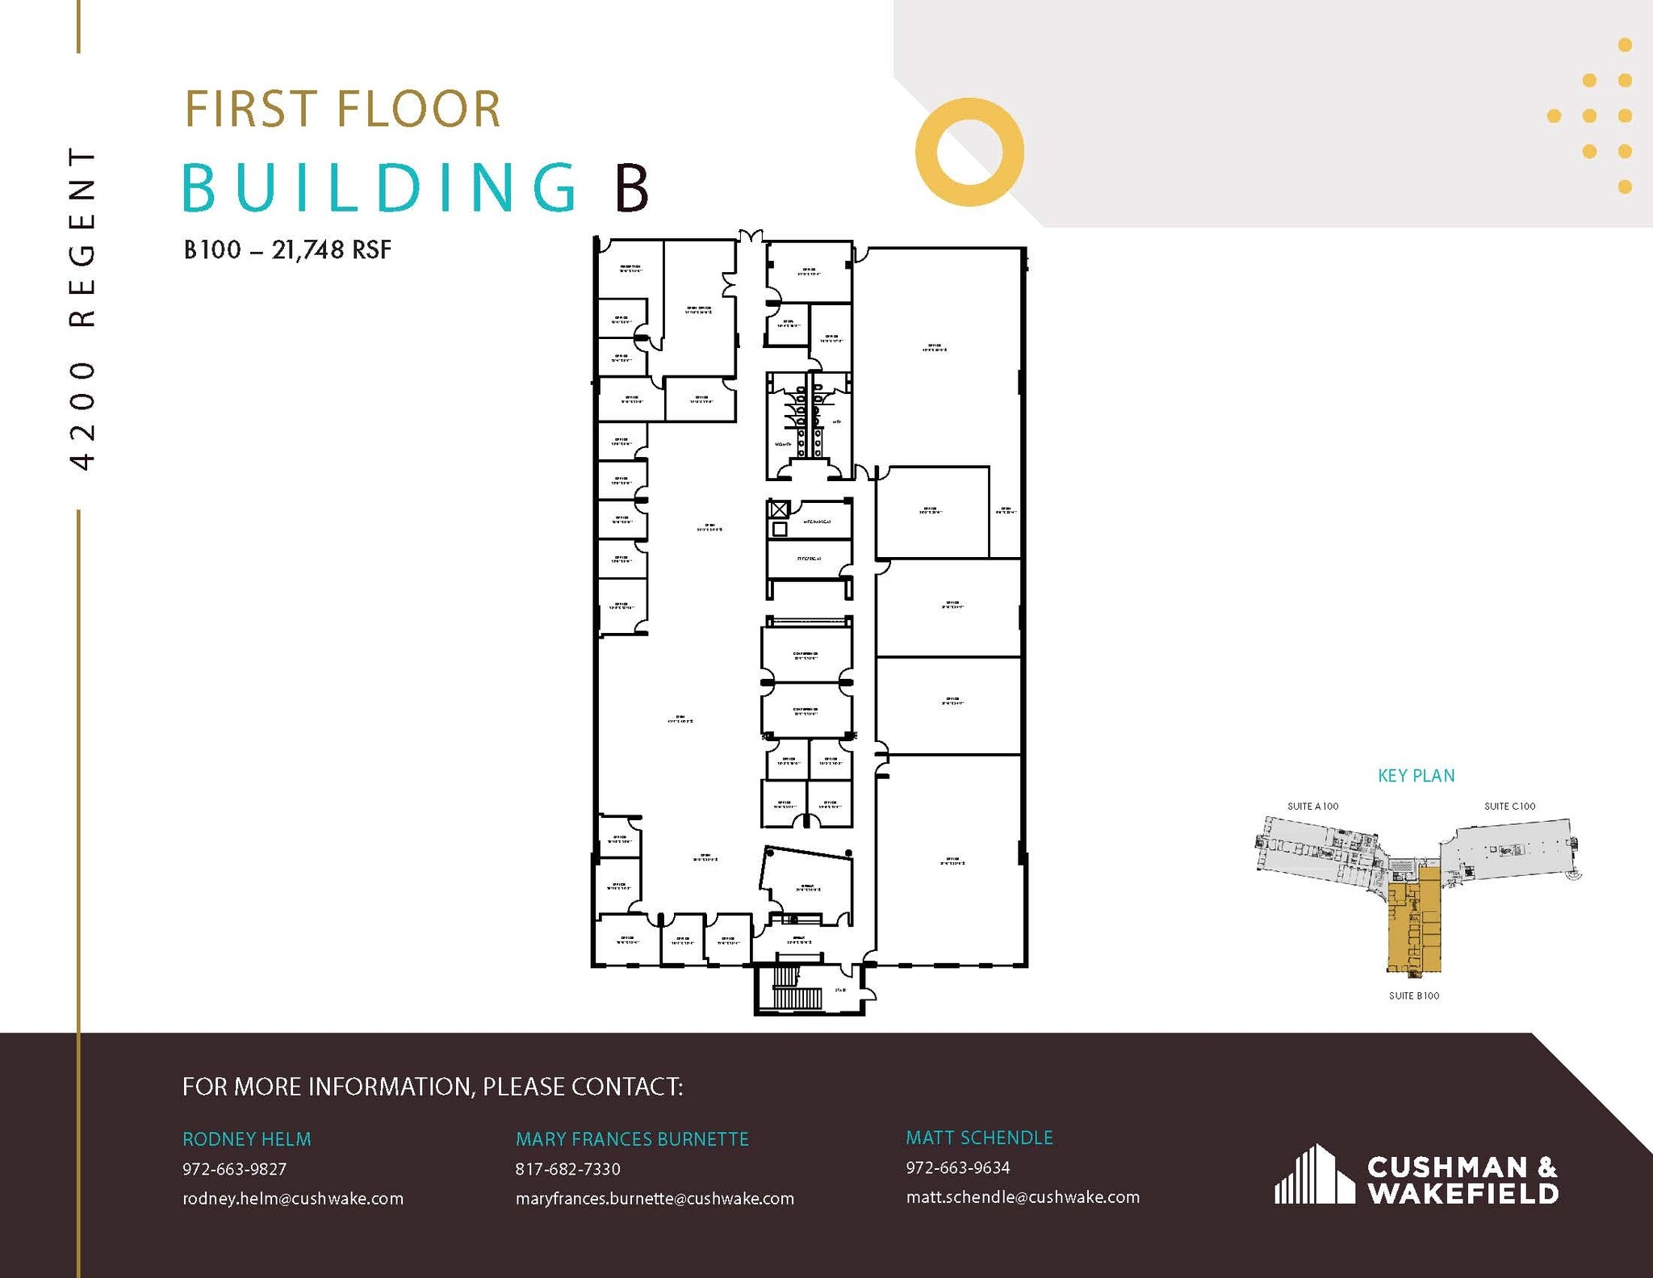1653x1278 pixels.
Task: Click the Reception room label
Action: pos(630,268)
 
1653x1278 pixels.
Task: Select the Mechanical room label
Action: pos(816,522)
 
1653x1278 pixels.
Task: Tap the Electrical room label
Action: pos(809,558)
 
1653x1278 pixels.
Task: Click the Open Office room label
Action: pos(698,309)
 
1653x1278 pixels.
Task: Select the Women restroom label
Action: pos(783,444)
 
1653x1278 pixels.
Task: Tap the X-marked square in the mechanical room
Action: pos(778,509)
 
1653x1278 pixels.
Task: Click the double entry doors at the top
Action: pos(751,237)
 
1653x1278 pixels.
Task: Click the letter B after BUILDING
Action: pos(632,187)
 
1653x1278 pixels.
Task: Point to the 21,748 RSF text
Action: pos(331,250)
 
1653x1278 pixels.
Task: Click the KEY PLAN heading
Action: pos(1416,776)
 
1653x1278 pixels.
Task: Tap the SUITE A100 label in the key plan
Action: pos(1312,806)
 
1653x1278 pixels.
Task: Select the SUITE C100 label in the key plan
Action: pos(1509,806)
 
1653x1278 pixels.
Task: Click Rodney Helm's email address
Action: pos(292,1199)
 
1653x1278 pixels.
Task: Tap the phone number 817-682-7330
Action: pos(567,1169)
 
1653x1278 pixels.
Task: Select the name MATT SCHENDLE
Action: pos(979,1138)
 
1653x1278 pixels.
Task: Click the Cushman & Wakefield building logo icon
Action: pos(1314,1174)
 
